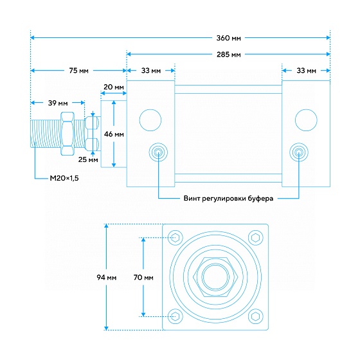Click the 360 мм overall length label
229,38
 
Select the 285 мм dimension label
229,55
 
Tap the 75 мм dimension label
78,71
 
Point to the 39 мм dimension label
58,103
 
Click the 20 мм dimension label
114,87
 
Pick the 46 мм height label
114,134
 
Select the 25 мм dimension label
88,159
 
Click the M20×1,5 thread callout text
64,178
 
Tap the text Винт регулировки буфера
228,199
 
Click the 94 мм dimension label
107,278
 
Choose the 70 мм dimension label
143,278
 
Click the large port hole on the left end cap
150,120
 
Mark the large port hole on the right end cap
306,120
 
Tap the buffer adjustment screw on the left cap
158,152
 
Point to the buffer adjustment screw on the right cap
299,152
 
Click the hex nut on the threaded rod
67,134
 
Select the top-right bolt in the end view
256,237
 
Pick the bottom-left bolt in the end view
175,316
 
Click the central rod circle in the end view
215,277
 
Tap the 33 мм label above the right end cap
306,71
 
